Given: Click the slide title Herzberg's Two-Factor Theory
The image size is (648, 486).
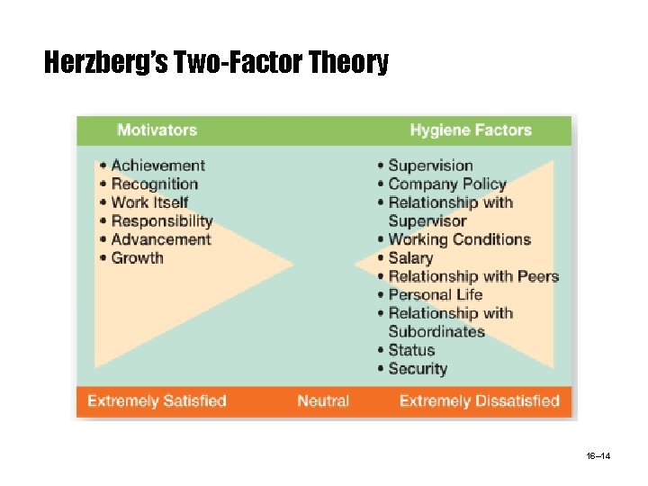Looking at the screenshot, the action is [216, 62].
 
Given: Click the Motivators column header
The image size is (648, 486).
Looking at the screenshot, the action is [157, 130].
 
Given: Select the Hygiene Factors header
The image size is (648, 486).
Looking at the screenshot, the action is [471, 130].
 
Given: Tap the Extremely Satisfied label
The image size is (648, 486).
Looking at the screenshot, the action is [157, 401].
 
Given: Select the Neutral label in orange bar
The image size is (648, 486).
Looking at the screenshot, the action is [323, 401].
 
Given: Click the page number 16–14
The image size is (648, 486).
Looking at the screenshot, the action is [598, 456].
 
